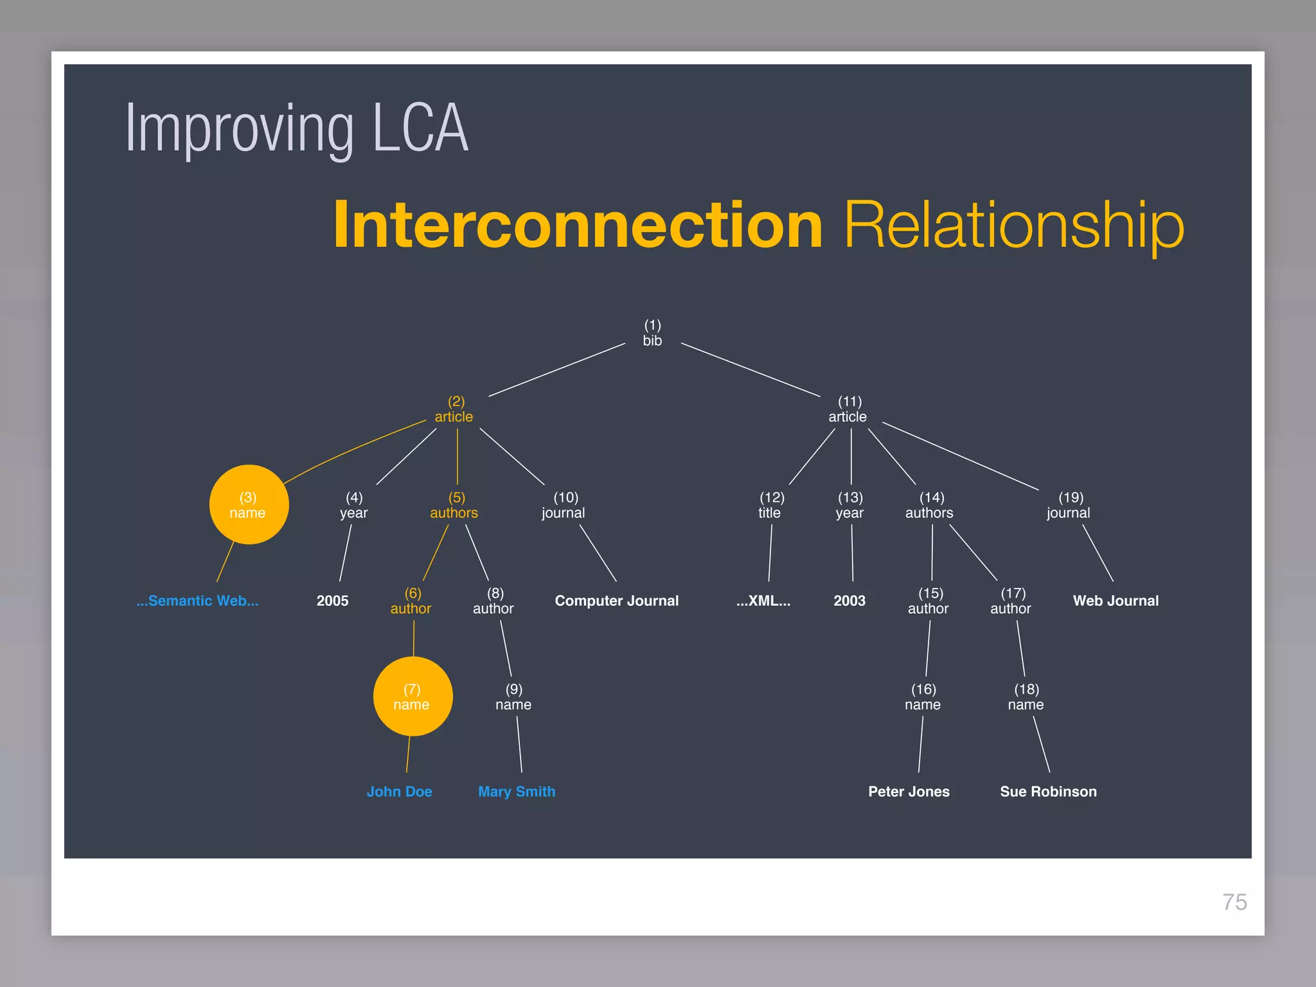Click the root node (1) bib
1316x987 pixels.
(x=652, y=333)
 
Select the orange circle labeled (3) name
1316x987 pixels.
(x=249, y=505)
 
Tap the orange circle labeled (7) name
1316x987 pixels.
(x=413, y=697)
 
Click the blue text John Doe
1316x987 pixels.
(x=399, y=792)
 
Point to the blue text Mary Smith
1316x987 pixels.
(x=517, y=792)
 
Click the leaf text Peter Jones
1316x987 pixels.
(x=909, y=792)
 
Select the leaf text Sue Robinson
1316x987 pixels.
(x=1048, y=792)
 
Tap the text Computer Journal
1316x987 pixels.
(x=616, y=601)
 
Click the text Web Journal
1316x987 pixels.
(x=1116, y=601)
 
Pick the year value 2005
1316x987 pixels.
(x=332, y=601)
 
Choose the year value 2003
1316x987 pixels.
(x=849, y=601)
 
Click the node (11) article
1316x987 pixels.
(x=848, y=409)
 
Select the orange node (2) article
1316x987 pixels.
(x=454, y=409)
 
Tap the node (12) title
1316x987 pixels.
(x=770, y=505)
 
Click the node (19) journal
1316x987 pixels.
(x=1069, y=505)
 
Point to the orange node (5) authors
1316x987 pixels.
(x=454, y=505)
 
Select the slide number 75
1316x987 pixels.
(x=1234, y=902)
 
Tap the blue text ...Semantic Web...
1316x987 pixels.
(x=197, y=601)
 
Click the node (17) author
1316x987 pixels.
(x=1011, y=601)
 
